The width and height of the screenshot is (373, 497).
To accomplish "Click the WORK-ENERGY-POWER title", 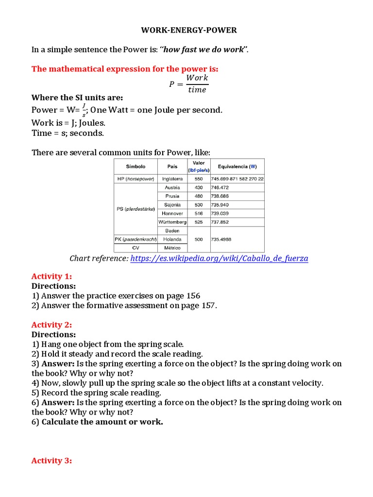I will [189, 30].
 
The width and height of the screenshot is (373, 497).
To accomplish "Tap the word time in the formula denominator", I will [197, 90].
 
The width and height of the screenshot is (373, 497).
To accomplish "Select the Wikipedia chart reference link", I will [220, 259].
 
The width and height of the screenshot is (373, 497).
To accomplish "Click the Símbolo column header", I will [136, 166].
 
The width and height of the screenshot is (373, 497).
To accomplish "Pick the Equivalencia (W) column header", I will [237, 166].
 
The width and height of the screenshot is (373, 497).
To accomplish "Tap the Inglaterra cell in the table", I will [172, 179].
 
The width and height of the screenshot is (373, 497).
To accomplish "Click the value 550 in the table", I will [198, 179].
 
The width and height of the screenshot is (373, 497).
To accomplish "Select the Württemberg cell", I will [172, 222].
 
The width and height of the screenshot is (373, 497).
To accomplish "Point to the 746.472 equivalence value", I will [220, 187].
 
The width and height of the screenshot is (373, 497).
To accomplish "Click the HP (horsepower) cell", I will [136, 179].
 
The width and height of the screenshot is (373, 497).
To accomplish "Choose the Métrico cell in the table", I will [172, 248].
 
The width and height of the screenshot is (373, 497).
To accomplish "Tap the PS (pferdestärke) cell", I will [136, 209].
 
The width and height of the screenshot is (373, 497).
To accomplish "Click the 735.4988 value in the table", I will [221, 239].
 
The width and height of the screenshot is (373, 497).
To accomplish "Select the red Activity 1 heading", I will [51, 276].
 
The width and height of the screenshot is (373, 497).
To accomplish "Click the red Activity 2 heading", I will [51, 325].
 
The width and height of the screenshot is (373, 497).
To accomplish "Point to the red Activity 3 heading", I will [51, 461].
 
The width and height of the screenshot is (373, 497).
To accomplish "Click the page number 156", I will [192, 296].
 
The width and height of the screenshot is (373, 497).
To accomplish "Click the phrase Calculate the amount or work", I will [102, 422].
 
